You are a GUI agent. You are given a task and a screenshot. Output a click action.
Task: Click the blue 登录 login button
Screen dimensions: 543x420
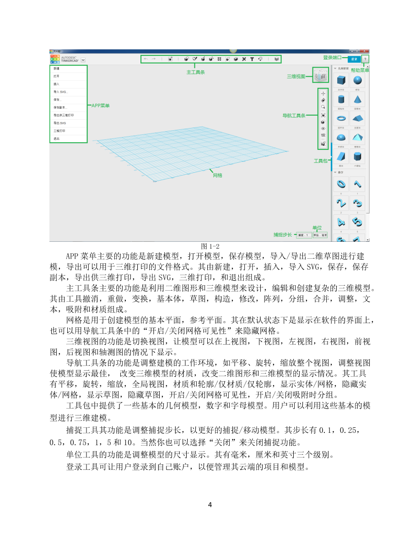click(x=353, y=59)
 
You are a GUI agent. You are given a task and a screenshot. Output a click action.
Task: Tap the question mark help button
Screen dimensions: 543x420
click(x=365, y=59)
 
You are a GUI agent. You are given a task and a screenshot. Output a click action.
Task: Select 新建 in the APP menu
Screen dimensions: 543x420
click(x=57, y=69)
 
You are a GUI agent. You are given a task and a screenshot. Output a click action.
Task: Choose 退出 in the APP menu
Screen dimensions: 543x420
click(x=57, y=138)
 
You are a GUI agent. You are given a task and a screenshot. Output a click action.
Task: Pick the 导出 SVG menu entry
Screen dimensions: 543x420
click(x=60, y=123)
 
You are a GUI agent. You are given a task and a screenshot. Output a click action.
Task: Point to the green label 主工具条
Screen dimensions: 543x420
click(x=195, y=72)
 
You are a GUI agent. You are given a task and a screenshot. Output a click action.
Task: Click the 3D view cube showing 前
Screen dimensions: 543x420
click(x=320, y=76)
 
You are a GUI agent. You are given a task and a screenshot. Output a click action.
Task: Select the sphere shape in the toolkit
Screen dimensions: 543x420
click(x=357, y=81)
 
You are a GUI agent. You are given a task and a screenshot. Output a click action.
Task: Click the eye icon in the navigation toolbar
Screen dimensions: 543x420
click(x=323, y=129)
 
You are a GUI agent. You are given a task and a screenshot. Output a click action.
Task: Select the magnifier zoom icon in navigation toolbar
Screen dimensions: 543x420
click(x=323, y=106)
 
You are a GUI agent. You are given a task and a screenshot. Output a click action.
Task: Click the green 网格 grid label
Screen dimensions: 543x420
click(x=217, y=175)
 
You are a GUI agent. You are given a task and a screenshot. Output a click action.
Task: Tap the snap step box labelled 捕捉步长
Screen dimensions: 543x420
click(x=303, y=235)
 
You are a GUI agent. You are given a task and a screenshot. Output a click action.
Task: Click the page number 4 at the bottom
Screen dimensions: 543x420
click(x=210, y=505)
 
